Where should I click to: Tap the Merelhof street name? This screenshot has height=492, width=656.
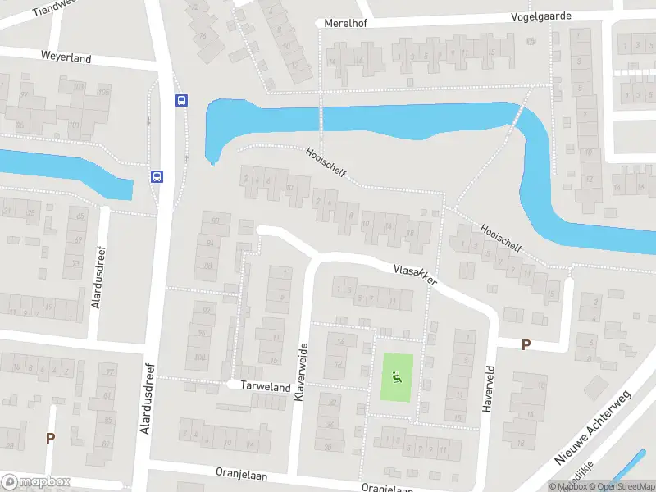(x=345, y=23)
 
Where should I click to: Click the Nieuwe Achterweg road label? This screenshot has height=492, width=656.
(x=593, y=427)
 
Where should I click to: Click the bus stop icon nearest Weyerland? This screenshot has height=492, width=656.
(x=181, y=101)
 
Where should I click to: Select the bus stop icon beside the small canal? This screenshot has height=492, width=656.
(x=156, y=175)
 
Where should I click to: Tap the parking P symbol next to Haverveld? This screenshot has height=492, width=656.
(x=526, y=345)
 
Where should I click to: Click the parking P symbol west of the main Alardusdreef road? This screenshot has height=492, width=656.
(x=51, y=438)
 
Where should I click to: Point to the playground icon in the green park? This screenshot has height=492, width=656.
(x=397, y=377)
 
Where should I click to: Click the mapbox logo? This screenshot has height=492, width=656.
(x=36, y=482)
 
